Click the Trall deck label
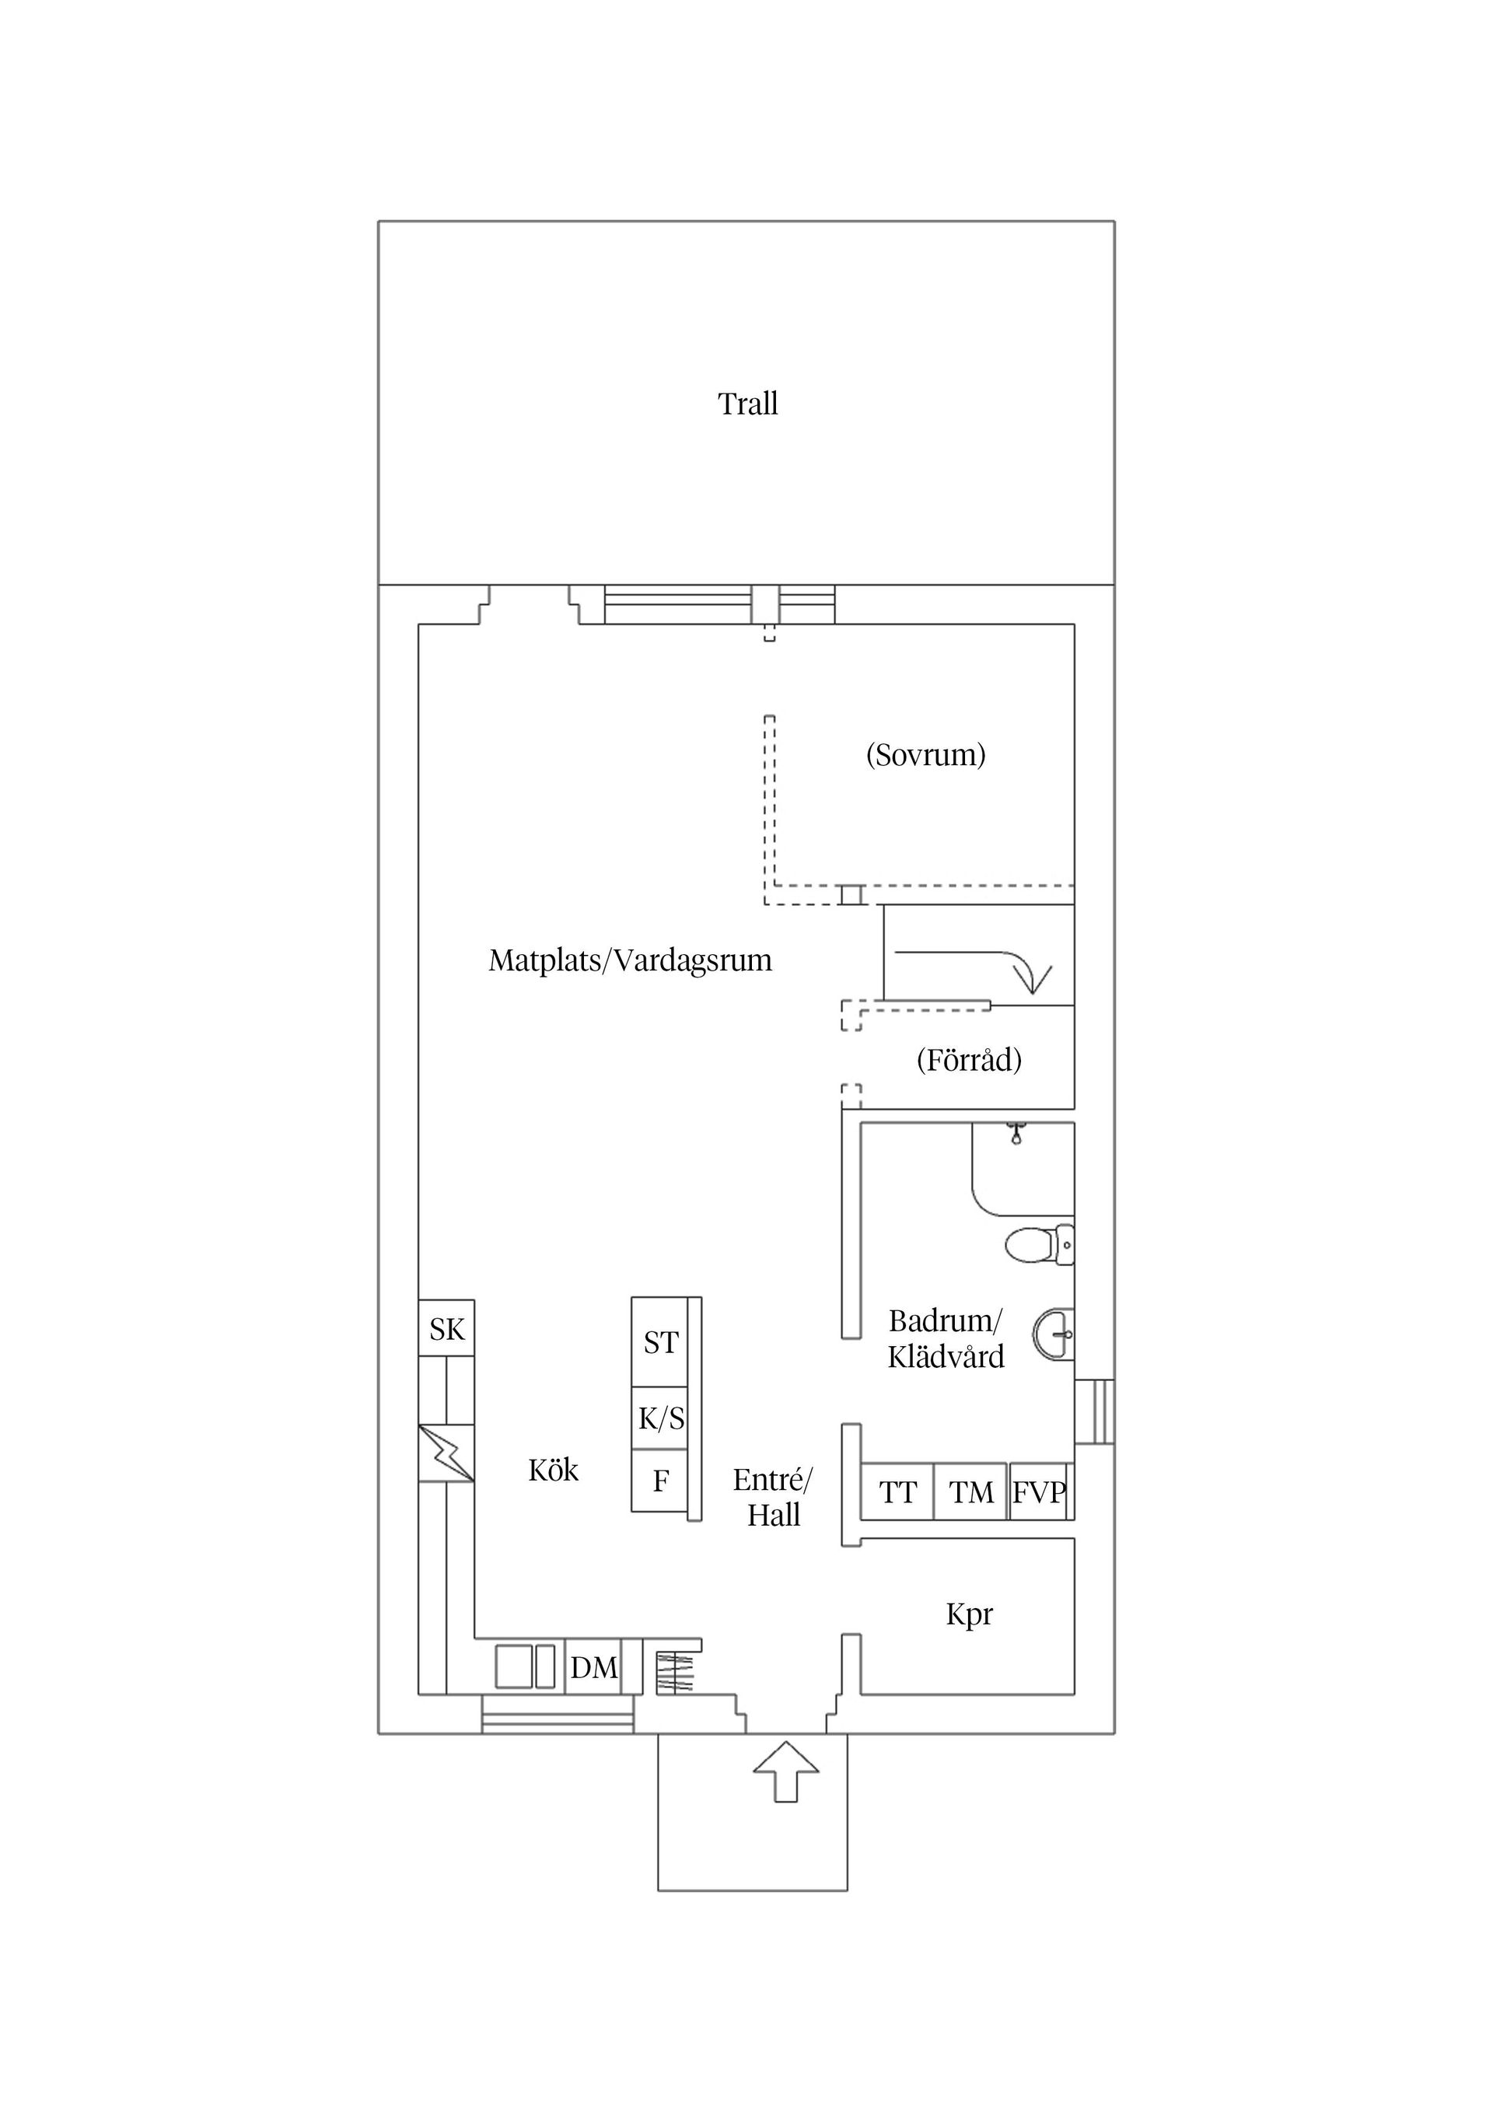pyautogui.click(x=747, y=404)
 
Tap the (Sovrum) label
pyautogui.click(x=925, y=754)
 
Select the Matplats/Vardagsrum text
pyautogui.click(x=630, y=960)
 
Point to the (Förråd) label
pyautogui.click(x=969, y=1060)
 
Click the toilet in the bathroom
pyautogui.click(x=1040, y=1246)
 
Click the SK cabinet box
pyautogui.click(x=447, y=1328)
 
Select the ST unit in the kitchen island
pyautogui.click(x=660, y=1342)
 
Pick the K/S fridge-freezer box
pyautogui.click(x=660, y=1418)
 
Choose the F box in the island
pyautogui.click(x=660, y=1481)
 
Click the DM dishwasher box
pyautogui.click(x=593, y=1666)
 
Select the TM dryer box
pyautogui.click(x=971, y=1492)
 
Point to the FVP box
pyautogui.click(x=1039, y=1492)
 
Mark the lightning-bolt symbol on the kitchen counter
pyautogui.click(x=446, y=1453)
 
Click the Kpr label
pyautogui.click(x=970, y=1614)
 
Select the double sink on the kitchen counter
pyautogui.click(x=525, y=1666)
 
